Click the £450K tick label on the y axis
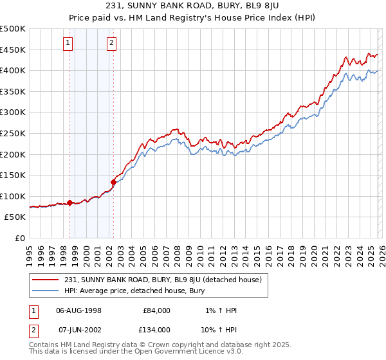coord(13,50)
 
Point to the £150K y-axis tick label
coord(13,175)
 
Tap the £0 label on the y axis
coord(19,238)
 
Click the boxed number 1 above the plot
coord(68,43)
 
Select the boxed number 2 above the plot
coord(112,43)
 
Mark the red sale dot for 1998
coord(70,203)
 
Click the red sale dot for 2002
coord(114,182)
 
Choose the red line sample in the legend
coord(45,280)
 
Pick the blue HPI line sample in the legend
coord(45,291)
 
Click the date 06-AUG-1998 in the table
coord(79,310)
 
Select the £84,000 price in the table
coord(156,310)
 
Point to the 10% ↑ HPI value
coord(219,330)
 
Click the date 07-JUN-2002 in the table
coord(79,330)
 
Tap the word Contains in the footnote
coord(44,345)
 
